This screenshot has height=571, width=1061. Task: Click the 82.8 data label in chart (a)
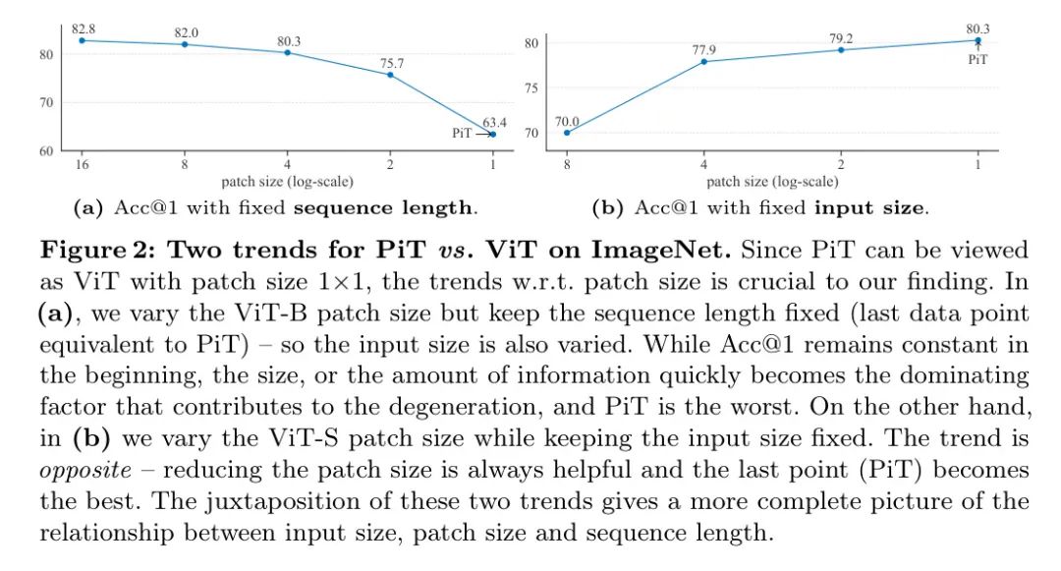click(83, 29)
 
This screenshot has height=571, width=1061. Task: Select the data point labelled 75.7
click(390, 75)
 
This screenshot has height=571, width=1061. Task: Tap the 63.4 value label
click(494, 122)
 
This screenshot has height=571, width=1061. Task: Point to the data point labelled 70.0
click(566, 133)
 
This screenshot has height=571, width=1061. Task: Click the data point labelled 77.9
click(703, 62)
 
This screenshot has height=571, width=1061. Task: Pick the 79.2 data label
click(841, 39)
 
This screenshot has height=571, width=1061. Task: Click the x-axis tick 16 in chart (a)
click(82, 165)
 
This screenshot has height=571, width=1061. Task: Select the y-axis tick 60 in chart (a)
click(46, 151)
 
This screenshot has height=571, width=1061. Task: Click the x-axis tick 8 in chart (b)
click(566, 165)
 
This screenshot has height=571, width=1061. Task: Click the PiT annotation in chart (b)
click(977, 60)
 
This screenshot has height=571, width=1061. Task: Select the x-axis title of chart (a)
click(287, 182)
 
